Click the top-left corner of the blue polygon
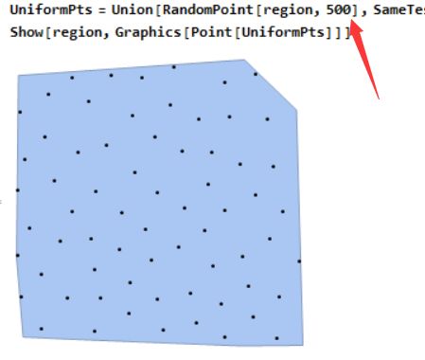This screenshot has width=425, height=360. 19,76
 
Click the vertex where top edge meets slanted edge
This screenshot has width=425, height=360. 246,61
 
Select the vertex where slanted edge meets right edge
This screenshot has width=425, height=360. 297,110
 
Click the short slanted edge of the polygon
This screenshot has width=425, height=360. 272,85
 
